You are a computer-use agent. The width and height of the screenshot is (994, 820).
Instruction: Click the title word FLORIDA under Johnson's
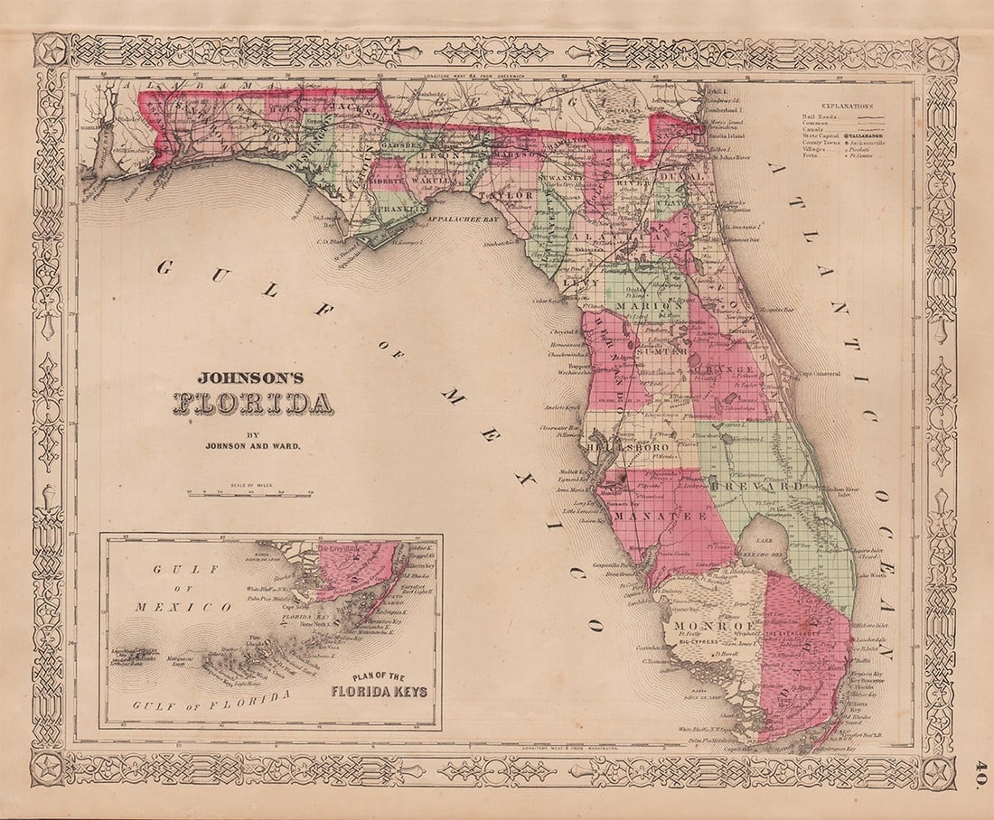(253, 403)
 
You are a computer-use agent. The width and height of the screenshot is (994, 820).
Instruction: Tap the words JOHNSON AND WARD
(252, 444)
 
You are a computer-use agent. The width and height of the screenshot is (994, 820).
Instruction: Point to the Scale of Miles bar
(249, 494)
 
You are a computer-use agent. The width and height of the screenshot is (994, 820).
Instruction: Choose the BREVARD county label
(771, 486)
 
